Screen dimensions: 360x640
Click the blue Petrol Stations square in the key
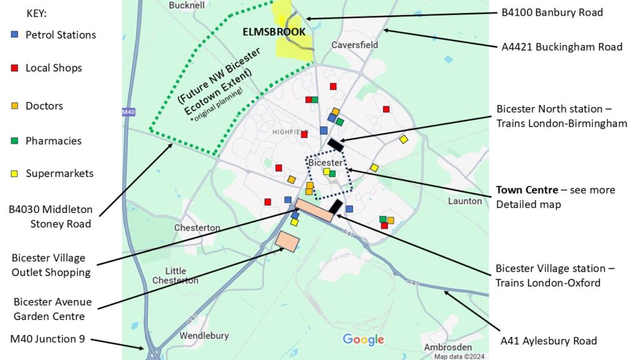(x=14, y=35)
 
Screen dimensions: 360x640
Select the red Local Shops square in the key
(x=14, y=68)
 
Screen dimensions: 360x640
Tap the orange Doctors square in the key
(x=14, y=106)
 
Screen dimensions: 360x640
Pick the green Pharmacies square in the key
(x=14, y=141)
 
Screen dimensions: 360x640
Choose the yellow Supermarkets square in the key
(x=14, y=174)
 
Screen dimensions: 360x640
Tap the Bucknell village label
(x=186, y=6)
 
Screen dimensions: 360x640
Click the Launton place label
(x=465, y=201)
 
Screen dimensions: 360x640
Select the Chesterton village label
(x=197, y=228)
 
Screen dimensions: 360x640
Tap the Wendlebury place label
(x=204, y=336)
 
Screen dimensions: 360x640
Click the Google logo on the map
(x=363, y=340)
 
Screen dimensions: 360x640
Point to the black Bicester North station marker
(x=336, y=144)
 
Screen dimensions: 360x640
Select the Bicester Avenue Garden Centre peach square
(x=286, y=241)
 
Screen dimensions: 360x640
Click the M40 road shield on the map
(x=128, y=112)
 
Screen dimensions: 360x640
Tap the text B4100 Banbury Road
(x=552, y=12)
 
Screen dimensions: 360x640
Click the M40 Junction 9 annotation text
(x=47, y=339)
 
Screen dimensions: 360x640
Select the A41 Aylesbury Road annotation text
(x=549, y=341)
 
